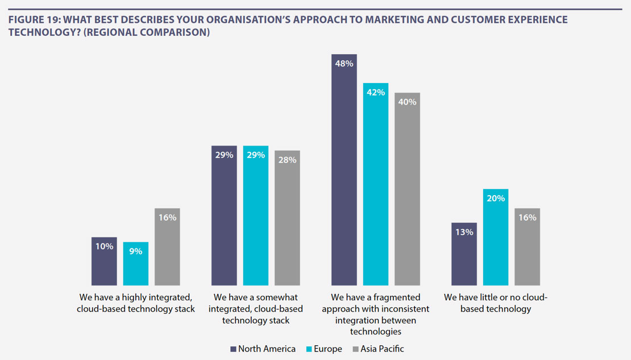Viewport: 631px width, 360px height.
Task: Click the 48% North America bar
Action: [344, 171]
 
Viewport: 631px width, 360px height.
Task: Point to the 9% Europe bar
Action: [135, 264]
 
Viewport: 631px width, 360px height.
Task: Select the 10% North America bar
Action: [103, 262]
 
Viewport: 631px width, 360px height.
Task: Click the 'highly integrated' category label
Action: [137, 303]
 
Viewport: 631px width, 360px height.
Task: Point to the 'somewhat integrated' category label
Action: [256, 309]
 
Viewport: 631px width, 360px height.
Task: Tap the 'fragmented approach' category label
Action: [375, 315]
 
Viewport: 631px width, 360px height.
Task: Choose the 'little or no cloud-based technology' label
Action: [496, 303]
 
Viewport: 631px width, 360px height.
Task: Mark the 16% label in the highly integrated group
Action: [167, 218]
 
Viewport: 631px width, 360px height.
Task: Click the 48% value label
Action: [344, 64]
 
